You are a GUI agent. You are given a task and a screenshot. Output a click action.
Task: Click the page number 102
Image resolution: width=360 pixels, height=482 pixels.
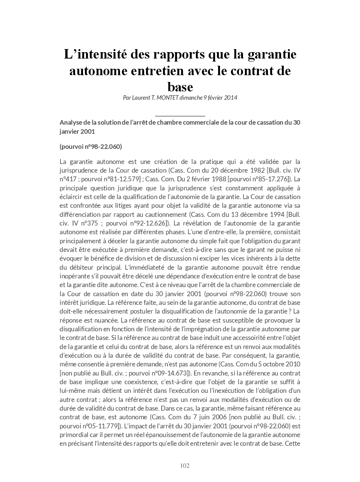tap(185, 465)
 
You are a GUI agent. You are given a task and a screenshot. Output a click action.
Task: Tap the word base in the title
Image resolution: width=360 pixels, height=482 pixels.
tap(180, 87)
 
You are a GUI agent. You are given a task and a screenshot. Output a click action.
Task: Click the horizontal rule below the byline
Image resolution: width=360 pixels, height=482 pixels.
tap(180, 116)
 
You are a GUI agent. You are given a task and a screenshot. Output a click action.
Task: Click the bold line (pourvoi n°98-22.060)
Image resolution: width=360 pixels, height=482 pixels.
tap(91, 147)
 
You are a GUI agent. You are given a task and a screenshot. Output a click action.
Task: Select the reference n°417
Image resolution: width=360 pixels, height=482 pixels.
tap(68, 179)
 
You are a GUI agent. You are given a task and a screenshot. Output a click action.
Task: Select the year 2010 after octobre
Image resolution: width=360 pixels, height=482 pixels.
tap(293, 364)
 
